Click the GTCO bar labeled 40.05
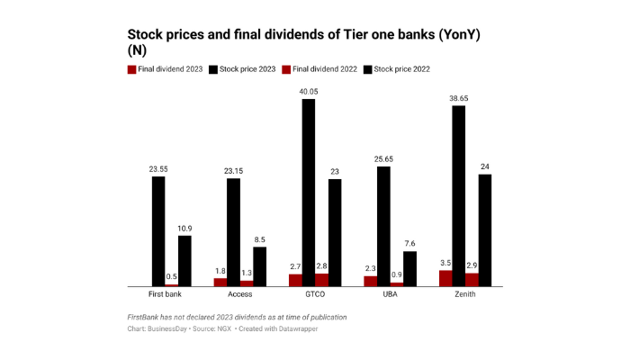(309, 193)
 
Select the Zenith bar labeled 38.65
(459, 196)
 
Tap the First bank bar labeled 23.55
(158, 231)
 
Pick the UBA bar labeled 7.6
(409, 269)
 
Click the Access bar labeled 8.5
(259, 267)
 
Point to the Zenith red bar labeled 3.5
(445, 278)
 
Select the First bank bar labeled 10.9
(184, 261)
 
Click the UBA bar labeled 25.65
(383, 227)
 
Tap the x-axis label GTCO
(315, 294)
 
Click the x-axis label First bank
(165, 294)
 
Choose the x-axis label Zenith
(465, 294)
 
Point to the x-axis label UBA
(390, 294)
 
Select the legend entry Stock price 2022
(401, 69)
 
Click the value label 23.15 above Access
(233, 171)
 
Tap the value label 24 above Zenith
(485, 166)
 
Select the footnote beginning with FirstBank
(237, 317)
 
